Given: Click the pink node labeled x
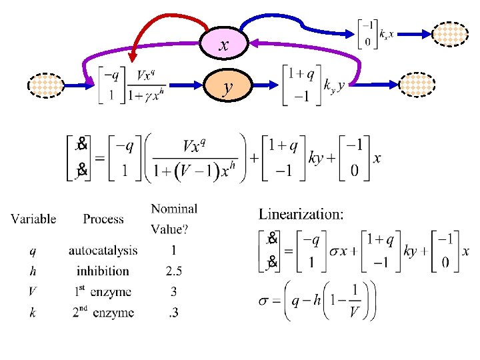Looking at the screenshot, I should coord(225,45).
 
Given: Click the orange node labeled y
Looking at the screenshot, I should coord(228,86).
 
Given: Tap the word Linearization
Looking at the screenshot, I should coord(301,214).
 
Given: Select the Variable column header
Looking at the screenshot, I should coord(33,219).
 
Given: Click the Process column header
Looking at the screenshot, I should coord(103,219).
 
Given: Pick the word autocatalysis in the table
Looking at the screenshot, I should coord(103,251).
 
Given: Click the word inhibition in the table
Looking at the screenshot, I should coord(103,271).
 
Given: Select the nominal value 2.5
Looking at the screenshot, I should coord(173,271).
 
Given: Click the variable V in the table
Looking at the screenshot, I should coord(32,291).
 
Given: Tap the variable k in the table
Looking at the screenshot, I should coord(32,312).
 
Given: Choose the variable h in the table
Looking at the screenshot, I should coord(32,271).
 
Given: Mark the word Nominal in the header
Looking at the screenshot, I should coord(174,209).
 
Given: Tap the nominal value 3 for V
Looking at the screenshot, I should coord(173,291).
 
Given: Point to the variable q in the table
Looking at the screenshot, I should coord(32,251).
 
